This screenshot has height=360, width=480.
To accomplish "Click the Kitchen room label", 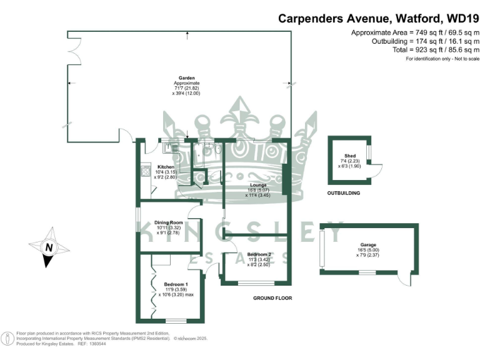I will click(165, 167).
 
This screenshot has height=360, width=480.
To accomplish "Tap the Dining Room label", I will click(168, 222).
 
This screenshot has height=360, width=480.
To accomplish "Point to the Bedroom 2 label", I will click(259, 254).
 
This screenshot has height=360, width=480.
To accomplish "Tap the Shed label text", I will click(349, 156).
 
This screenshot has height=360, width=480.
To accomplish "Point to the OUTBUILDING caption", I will click(344, 193).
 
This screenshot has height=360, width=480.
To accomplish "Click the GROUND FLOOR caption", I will click(272, 298).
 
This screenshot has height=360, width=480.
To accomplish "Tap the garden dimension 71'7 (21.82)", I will click(187, 88).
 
